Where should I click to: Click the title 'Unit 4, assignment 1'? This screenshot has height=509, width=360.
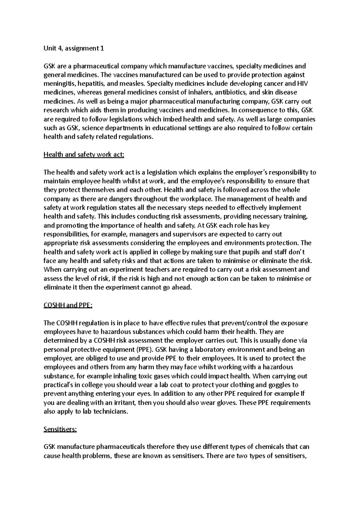click(x=74, y=48)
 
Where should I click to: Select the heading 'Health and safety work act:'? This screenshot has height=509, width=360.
click(x=84, y=155)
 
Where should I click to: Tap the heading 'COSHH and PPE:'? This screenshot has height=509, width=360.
click(x=68, y=305)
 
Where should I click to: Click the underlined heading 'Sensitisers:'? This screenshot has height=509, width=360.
click(x=60, y=429)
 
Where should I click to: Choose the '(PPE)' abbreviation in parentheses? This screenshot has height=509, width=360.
click(x=145, y=350)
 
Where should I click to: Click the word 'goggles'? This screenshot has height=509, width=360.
click(x=280, y=385)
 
